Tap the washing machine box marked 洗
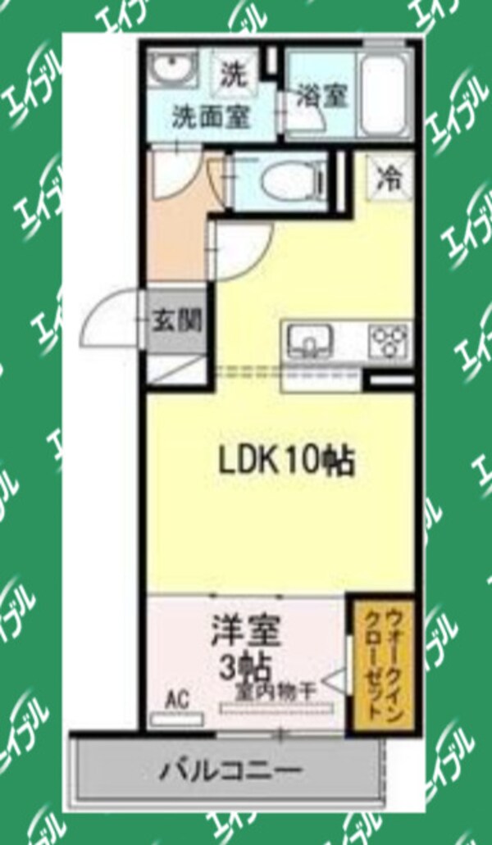232,75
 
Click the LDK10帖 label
285,461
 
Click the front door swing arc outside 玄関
111,321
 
